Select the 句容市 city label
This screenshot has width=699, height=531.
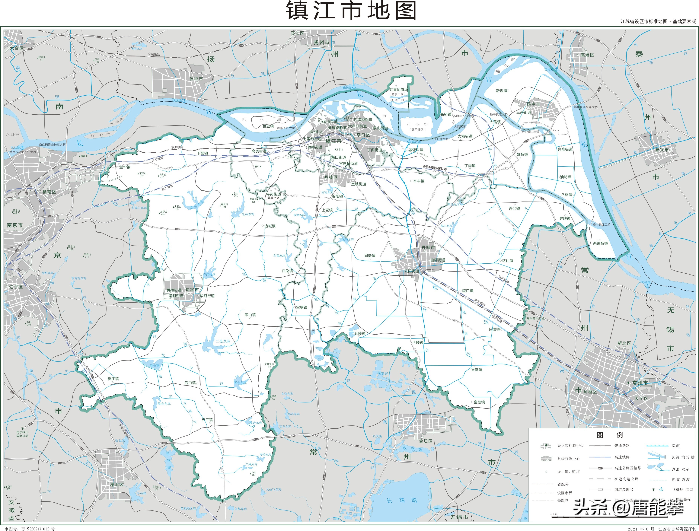click(192, 290)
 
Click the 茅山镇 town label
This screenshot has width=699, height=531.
click(250, 315)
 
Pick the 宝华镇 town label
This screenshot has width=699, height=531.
click(125, 167)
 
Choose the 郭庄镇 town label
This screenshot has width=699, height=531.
click(113, 379)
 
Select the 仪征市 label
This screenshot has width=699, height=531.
click(196, 78)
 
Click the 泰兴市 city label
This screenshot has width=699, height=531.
click(662, 150)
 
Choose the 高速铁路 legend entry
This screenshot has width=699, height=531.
click(622, 457)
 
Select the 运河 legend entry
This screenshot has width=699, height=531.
click(676, 446)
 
